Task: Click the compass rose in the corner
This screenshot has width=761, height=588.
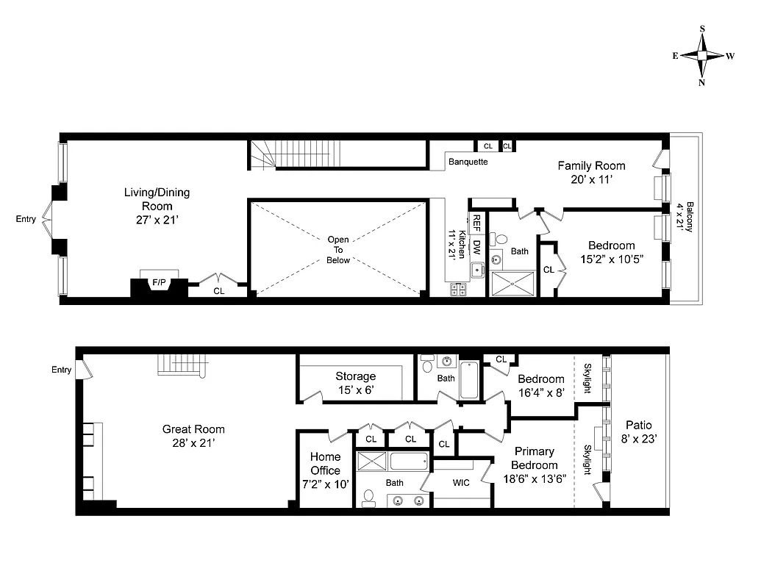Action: (703, 55)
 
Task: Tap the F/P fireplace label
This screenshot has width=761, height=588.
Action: (158, 282)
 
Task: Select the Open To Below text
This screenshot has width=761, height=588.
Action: (338, 250)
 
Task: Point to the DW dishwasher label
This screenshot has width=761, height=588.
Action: (476, 246)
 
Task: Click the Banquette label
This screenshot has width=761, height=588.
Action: (468, 162)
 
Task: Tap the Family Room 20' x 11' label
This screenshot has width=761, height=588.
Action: (590, 172)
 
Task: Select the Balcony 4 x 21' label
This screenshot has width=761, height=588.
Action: (685, 217)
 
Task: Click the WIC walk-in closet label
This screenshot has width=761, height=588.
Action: (461, 483)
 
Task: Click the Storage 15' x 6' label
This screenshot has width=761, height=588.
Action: (355, 382)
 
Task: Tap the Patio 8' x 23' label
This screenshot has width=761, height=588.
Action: (638, 431)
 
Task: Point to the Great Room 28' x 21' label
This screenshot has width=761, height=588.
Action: (193, 436)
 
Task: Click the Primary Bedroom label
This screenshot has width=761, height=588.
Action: (534, 458)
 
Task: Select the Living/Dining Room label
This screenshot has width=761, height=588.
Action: (157, 199)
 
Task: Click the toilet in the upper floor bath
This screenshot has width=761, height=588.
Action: (501, 239)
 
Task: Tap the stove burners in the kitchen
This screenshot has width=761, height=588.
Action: (458, 290)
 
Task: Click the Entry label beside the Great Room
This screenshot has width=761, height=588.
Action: (62, 370)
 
